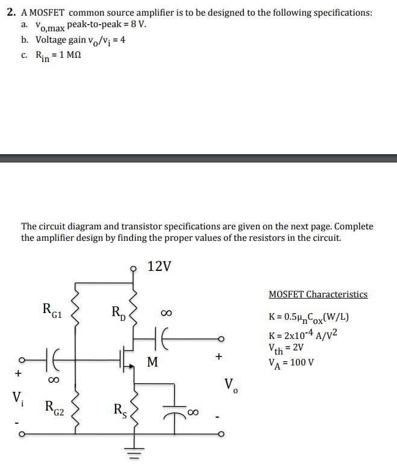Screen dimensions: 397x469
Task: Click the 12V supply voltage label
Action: coord(159,266)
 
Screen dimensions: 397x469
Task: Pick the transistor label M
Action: coord(152,362)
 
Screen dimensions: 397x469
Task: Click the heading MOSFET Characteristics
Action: coord(317,294)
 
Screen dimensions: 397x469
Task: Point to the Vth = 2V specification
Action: coord(286,348)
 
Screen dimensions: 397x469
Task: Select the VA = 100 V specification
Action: coord(292,362)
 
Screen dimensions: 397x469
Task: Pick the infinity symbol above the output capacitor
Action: coord(166,313)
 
